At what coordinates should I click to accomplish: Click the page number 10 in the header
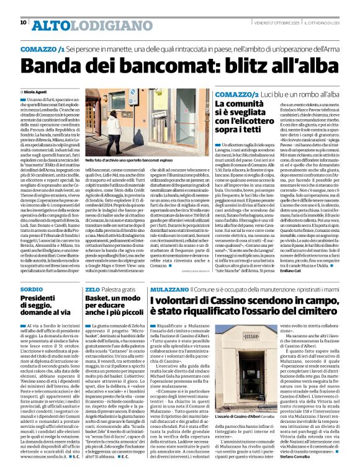[x=23, y=23]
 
